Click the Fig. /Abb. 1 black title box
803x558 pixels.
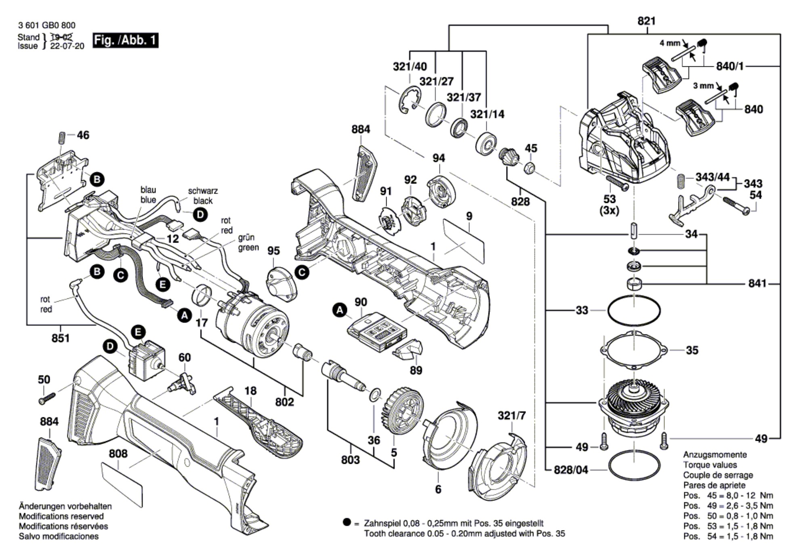(x=125, y=40)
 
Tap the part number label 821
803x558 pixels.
(x=646, y=21)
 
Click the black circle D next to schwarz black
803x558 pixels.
(x=200, y=215)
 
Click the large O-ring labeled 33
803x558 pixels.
(x=634, y=310)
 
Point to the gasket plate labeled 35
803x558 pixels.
(x=633, y=350)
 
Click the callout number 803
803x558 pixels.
(x=350, y=460)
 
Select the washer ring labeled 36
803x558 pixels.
(x=375, y=394)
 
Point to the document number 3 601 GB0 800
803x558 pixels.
(x=46, y=25)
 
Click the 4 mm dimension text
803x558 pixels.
(x=669, y=43)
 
